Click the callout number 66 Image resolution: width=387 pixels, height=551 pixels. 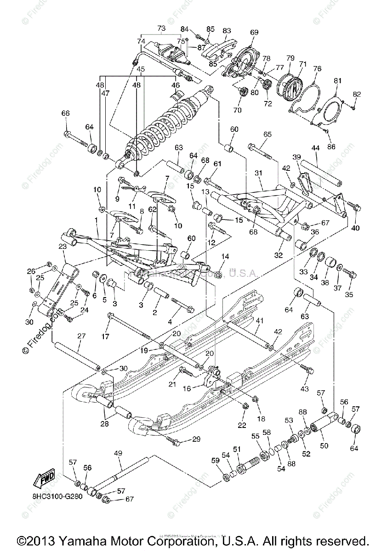(x=66, y=113)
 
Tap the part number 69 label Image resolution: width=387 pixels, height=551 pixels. (x=254, y=32)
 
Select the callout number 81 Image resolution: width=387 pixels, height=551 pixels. (x=338, y=81)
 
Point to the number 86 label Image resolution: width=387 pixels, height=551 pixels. (x=331, y=147)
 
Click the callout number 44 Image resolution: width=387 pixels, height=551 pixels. (x=315, y=148)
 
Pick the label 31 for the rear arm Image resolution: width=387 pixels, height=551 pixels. (x=258, y=173)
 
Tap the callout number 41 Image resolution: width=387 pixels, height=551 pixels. (x=260, y=320)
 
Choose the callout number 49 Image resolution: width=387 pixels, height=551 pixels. (x=118, y=453)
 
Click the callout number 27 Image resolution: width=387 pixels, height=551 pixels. (x=81, y=336)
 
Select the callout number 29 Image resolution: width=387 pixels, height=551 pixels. (x=196, y=439)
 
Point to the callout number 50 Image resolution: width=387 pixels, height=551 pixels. (x=324, y=446)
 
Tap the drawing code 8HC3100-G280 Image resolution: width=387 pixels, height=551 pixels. (x=57, y=496)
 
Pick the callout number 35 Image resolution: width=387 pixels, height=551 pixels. (x=348, y=294)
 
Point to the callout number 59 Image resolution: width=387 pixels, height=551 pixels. (x=215, y=460)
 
